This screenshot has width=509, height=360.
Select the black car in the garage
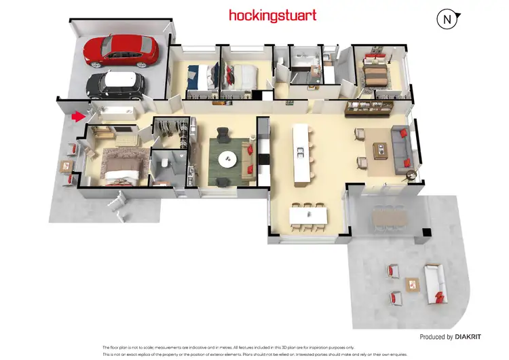coord(115,84)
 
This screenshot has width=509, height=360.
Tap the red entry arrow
coord(79,117)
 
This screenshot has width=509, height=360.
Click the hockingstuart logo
coord(272,14)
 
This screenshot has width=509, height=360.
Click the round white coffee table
coord(227,159)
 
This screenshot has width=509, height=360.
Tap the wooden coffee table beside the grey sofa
coord(377,151)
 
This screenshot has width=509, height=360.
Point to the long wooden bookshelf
coord(369,105)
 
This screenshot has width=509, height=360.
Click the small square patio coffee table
coord(411,283)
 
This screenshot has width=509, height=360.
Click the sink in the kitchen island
coord(299,154)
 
